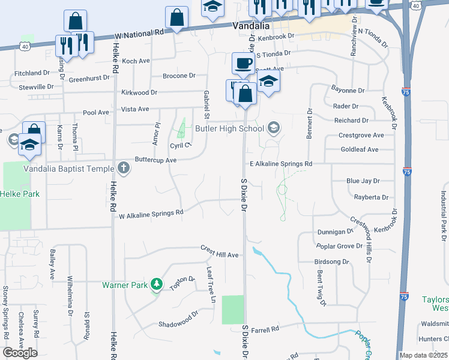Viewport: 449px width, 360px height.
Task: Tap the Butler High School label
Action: coord(230,128)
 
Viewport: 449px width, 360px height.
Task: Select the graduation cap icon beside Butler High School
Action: coord(274,127)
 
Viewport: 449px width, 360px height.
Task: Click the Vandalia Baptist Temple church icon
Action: coord(124,168)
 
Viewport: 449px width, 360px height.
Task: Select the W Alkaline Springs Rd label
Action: coord(151,214)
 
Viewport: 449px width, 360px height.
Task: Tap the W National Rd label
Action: coord(142,34)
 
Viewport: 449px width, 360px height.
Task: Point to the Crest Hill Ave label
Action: coord(220,255)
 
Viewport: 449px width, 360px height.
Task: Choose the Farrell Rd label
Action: coord(265,329)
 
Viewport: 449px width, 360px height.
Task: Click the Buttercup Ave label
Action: coord(155,161)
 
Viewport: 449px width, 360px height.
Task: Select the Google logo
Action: coord(20,352)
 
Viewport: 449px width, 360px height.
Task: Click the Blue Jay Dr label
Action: coord(361,181)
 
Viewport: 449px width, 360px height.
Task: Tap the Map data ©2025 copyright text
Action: coord(423,355)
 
